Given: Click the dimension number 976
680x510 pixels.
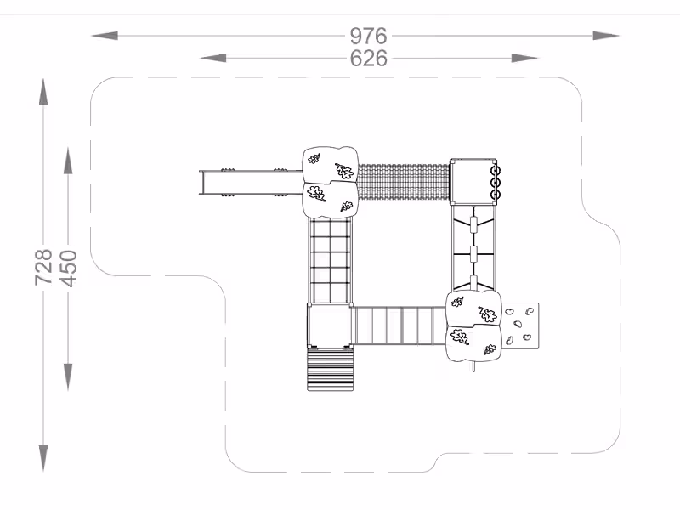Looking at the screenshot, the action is click(x=368, y=36).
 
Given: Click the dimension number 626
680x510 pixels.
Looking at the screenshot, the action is click(x=368, y=59).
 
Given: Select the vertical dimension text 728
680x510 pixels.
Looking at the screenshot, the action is click(x=43, y=267).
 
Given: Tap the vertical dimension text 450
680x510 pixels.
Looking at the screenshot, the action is click(x=68, y=269).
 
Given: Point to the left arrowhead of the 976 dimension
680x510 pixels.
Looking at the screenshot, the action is click(x=105, y=36).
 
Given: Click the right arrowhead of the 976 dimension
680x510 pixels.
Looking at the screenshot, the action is click(x=606, y=36).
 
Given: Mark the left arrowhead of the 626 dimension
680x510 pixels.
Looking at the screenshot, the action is click(x=213, y=58).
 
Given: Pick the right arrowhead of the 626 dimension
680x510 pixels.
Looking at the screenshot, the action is click(x=524, y=58).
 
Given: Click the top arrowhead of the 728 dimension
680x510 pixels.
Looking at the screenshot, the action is click(x=43, y=92).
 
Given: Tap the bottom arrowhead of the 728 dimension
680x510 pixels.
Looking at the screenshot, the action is click(x=43, y=458).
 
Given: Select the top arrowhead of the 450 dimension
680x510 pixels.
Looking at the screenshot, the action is click(x=68, y=161).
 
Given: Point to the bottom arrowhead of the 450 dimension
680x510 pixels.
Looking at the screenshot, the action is click(x=68, y=377).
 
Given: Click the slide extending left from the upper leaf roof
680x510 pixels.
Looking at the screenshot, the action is click(x=251, y=183).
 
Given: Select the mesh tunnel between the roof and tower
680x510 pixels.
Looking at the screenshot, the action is click(x=404, y=182).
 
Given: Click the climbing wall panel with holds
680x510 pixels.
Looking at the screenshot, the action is click(x=520, y=326).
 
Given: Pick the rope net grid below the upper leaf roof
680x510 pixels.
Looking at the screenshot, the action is click(x=331, y=260).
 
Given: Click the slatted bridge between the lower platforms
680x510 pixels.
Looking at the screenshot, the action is click(x=399, y=326).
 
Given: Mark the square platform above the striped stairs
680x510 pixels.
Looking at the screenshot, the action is click(x=330, y=326).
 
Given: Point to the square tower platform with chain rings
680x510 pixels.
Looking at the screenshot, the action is click(x=473, y=182).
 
